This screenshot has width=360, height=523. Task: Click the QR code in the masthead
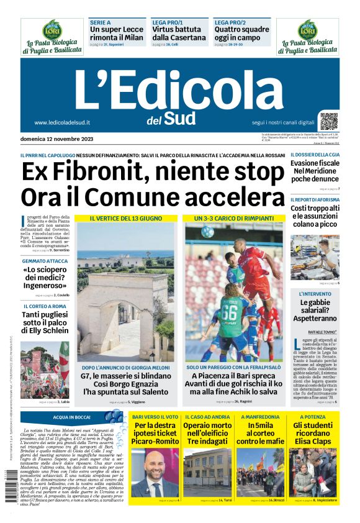pyautogui.click(x=329, y=121)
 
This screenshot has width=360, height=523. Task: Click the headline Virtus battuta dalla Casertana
pyautogui.click(x=179, y=34)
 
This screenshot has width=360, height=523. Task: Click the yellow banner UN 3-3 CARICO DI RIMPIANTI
pyautogui.click(x=233, y=219)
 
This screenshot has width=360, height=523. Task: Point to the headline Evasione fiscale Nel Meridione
pyautogui.click(x=315, y=171)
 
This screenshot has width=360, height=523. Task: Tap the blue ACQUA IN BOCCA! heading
pyautogui.click(x=72, y=417)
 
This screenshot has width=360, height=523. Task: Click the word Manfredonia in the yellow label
pyautogui.click(x=258, y=417)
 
